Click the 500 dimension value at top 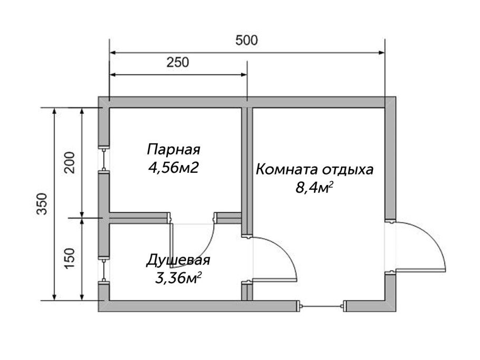247,41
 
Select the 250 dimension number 178,63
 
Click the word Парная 174,149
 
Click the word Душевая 178,260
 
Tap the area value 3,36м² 178,278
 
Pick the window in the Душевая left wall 104,270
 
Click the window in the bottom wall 322,305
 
